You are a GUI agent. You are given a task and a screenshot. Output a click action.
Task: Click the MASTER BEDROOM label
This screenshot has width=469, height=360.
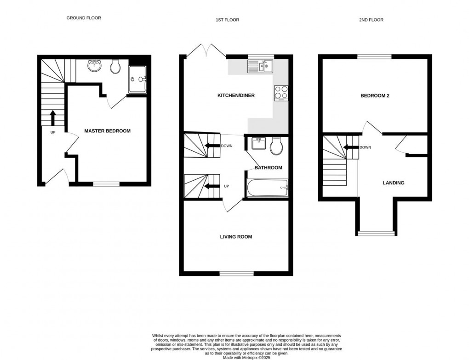click(107, 131)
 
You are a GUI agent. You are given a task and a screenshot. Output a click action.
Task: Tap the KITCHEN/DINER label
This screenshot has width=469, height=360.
click(236, 96)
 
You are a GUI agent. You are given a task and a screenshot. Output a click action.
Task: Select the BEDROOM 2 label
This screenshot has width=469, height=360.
click(375, 96)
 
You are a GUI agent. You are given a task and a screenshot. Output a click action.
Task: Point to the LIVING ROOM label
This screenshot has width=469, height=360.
click(236, 237)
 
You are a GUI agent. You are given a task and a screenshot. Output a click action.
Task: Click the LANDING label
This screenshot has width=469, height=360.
click(394, 183)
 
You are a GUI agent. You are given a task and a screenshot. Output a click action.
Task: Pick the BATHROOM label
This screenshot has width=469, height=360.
click(268, 167)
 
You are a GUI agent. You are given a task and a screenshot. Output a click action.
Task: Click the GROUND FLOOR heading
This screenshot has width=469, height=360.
click(84, 18)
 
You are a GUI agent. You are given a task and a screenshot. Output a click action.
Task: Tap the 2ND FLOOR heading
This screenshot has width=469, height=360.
click(372, 20)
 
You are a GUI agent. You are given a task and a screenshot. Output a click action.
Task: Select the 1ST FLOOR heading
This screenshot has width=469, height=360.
click(228, 20)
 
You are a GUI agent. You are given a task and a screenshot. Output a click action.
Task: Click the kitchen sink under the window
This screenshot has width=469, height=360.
click(260, 67)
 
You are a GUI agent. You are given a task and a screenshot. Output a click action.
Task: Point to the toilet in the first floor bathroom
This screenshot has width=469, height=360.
click(277, 146)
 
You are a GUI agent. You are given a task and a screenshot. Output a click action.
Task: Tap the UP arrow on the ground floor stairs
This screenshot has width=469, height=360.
click(53, 118)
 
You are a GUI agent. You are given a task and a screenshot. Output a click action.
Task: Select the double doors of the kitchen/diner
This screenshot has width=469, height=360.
click(206, 51)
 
